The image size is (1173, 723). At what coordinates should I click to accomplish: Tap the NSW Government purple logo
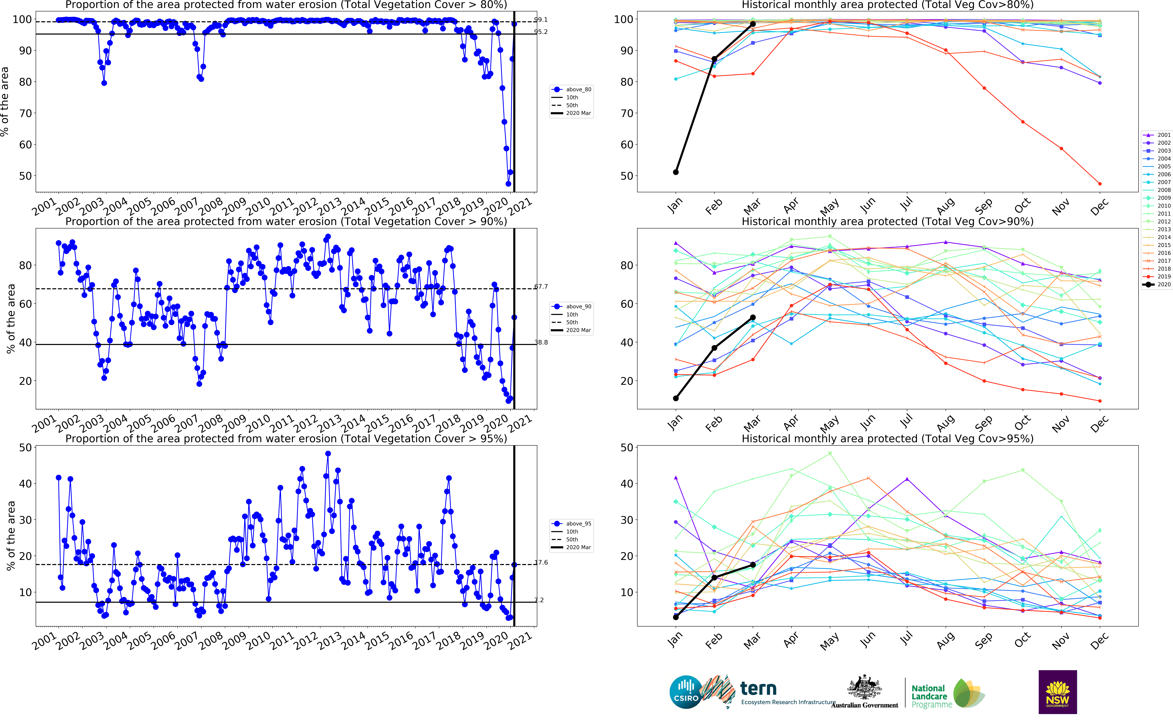click(x=1057, y=692)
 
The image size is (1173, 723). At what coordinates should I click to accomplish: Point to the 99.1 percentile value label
click(x=541, y=20)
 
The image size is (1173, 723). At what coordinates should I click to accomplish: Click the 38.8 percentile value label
click(x=541, y=342)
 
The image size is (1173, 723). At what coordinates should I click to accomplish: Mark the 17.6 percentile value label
click(x=541, y=562)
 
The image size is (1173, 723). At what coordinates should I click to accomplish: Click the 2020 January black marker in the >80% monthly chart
click(x=675, y=172)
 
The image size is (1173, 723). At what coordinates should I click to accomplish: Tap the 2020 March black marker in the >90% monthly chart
click(x=753, y=318)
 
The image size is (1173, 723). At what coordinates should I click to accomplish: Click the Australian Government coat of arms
click(x=864, y=688)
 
